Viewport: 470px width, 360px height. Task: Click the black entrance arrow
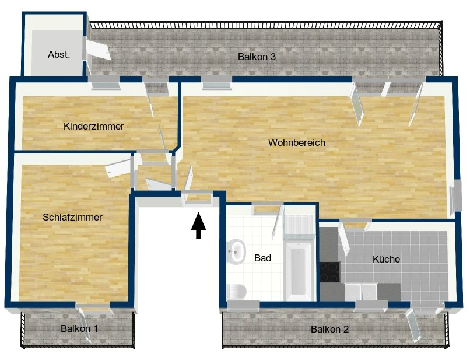pyautogui.click(x=198, y=225)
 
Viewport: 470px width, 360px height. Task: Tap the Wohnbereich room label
pyautogui.click(x=296, y=142)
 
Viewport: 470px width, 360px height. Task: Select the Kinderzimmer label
pyautogui.click(x=94, y=126)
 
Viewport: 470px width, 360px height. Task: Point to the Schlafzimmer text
pyautogui.click(x=72, y=217)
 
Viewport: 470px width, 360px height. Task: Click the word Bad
pyautogui.click(x=262, y=258)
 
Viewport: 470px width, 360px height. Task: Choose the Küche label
pyautogui.click(x=386, y=259)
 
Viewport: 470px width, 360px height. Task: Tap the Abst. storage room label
pyautogui.click(x=59, y=54)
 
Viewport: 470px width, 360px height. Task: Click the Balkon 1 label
pyautogui.click(x=79, y=328)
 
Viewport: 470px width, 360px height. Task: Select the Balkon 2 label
pyautogui.click(x=329, y=329)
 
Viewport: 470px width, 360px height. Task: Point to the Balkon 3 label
pyautogui.click(x=257, y=57)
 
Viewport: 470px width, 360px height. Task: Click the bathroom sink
pyautogui.click(x=236, y=251)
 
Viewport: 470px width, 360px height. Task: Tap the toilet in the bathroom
pyautogui.click(x=237, y=292)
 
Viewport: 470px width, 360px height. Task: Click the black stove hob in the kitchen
pyautogui.click(x=329, y=272)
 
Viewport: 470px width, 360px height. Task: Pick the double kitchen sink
pyautogui.click(x=361, y=292)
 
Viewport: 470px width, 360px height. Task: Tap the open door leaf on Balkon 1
pyautogui.click(x=85, y=325)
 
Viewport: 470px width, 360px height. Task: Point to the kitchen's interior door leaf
pyautogui.click(x=344, y=239)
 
